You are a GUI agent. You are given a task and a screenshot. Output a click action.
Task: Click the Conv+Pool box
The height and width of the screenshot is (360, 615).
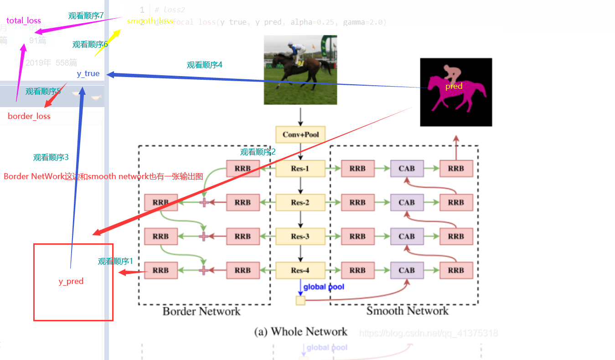click(x=300, y=134)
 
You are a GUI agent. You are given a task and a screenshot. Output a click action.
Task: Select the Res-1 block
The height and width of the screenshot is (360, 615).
click(x=300, y=168)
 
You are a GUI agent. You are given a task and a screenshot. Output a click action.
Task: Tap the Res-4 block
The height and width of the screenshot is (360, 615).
click(x=300, y=270)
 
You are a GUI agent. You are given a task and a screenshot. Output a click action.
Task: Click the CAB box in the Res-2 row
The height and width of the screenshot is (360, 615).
click(x=407, y=202)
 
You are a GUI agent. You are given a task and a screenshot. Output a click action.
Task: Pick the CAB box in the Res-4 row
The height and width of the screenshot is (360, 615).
click(x=407, y=270)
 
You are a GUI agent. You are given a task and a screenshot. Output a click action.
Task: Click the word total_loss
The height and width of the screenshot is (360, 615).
click(x=24, y=21)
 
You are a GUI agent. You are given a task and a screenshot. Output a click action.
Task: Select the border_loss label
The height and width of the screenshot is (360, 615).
click(x=29, y=116)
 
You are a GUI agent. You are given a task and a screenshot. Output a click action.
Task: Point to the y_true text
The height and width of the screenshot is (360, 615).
click(x=88, y=73)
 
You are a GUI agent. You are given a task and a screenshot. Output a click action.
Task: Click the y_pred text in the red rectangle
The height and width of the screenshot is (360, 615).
click(x=71, y=281)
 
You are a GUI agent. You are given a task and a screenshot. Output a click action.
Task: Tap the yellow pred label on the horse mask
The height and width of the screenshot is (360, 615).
click(x=454, y=86)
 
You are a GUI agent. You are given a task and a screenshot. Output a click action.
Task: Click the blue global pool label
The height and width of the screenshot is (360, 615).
click(x=324, y=287)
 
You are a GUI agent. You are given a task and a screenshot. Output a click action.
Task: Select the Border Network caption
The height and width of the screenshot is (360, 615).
click(x=201, y=312)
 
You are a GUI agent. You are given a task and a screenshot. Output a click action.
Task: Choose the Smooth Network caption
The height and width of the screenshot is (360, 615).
click(x=407, y=311)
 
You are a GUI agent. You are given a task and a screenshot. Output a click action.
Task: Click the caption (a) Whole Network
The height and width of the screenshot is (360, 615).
click(x=300, y=331)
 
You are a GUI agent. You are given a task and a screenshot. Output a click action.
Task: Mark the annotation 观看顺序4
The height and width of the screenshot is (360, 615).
click(x=205, y=65)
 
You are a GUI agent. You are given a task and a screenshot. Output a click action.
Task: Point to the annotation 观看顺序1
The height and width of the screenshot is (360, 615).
click(x=115, y=261)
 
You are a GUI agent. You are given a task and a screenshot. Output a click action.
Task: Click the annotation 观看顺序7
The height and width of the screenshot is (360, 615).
click(x=86, y=15)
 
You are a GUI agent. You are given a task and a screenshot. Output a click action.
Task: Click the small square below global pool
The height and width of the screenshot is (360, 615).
click(x=300, y=300)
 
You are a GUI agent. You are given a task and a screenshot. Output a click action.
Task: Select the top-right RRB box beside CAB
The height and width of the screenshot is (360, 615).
click(x=456, y=168)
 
